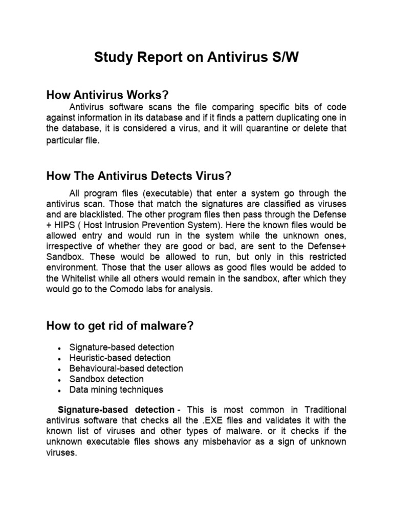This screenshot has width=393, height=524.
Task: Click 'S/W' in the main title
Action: pyautogui.click(x=281, y=58)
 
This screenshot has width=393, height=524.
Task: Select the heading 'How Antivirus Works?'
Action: pyautogui.click(x=107, y=95)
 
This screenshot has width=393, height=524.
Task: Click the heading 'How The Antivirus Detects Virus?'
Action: pyautogui.click(x=139, y=176)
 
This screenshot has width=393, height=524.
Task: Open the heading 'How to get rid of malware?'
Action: pyautogui.click(x=120, y=326)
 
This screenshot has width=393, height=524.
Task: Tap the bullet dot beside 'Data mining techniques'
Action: pyautogui.click(x=60, y=390)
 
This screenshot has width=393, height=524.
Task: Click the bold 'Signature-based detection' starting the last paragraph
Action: pyautogui.click(x=116, y=410)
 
